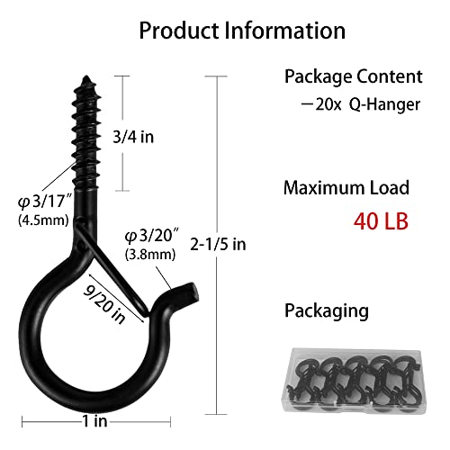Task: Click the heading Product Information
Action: point(241,31)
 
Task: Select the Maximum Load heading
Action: point(346,188)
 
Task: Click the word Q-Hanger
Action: point(389,104)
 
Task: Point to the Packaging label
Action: point(326,310)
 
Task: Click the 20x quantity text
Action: point(323,104)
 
